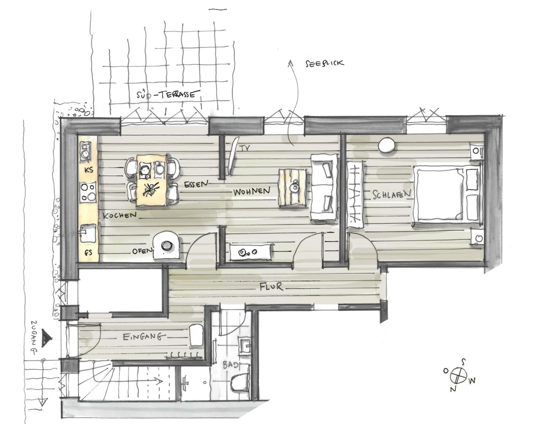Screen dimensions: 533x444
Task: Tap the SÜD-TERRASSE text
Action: tap(166, 94)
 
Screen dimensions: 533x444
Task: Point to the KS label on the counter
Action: tap(89, 170)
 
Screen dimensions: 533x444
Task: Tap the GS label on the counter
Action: tap(88, 252)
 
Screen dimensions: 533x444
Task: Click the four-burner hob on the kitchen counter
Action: tap(88, 192)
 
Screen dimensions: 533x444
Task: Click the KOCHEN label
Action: tap(119, 215)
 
